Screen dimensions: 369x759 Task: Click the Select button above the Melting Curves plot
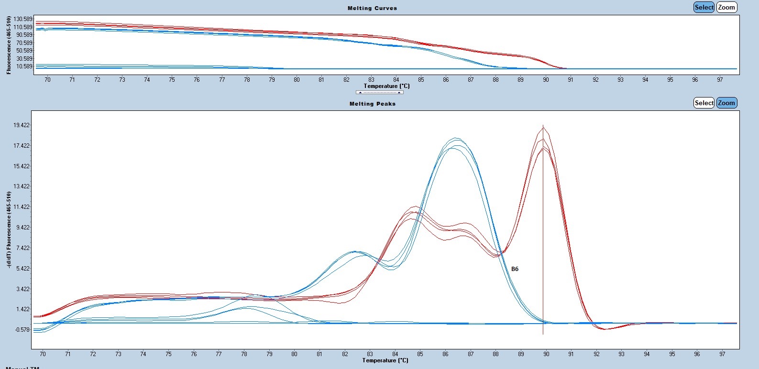tap(704, 7)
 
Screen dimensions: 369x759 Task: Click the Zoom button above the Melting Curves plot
tap(726, 7)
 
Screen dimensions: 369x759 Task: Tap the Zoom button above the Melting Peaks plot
tap(726, 103)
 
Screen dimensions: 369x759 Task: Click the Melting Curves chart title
tap(372, 8)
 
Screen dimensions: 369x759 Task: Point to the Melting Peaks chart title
tap(372, 104)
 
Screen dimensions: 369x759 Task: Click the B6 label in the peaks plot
tap(515, 269)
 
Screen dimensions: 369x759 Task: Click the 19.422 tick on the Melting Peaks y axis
tap(22, 125)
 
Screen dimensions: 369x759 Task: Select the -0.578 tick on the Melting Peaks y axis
tap(22, 330)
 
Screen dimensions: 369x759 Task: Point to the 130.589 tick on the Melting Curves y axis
tap(23, 19)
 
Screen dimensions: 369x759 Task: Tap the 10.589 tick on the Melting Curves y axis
tap(24, 66)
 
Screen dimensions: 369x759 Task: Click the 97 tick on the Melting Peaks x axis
tap(722, 354)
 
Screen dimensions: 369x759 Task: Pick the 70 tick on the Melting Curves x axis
tap(47, 80)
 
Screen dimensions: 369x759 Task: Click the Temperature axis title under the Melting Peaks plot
tap(385, 360)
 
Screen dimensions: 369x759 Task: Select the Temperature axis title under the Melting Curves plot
tap(386, 86)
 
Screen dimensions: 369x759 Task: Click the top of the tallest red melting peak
tap(543, 127)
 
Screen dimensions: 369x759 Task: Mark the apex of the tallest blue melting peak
tap(456, 138)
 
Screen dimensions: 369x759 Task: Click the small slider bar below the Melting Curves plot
tap(380, 92)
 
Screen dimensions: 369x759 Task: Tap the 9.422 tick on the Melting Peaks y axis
tap(22, 228)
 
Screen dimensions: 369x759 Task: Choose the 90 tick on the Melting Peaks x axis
tap(546, 354)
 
